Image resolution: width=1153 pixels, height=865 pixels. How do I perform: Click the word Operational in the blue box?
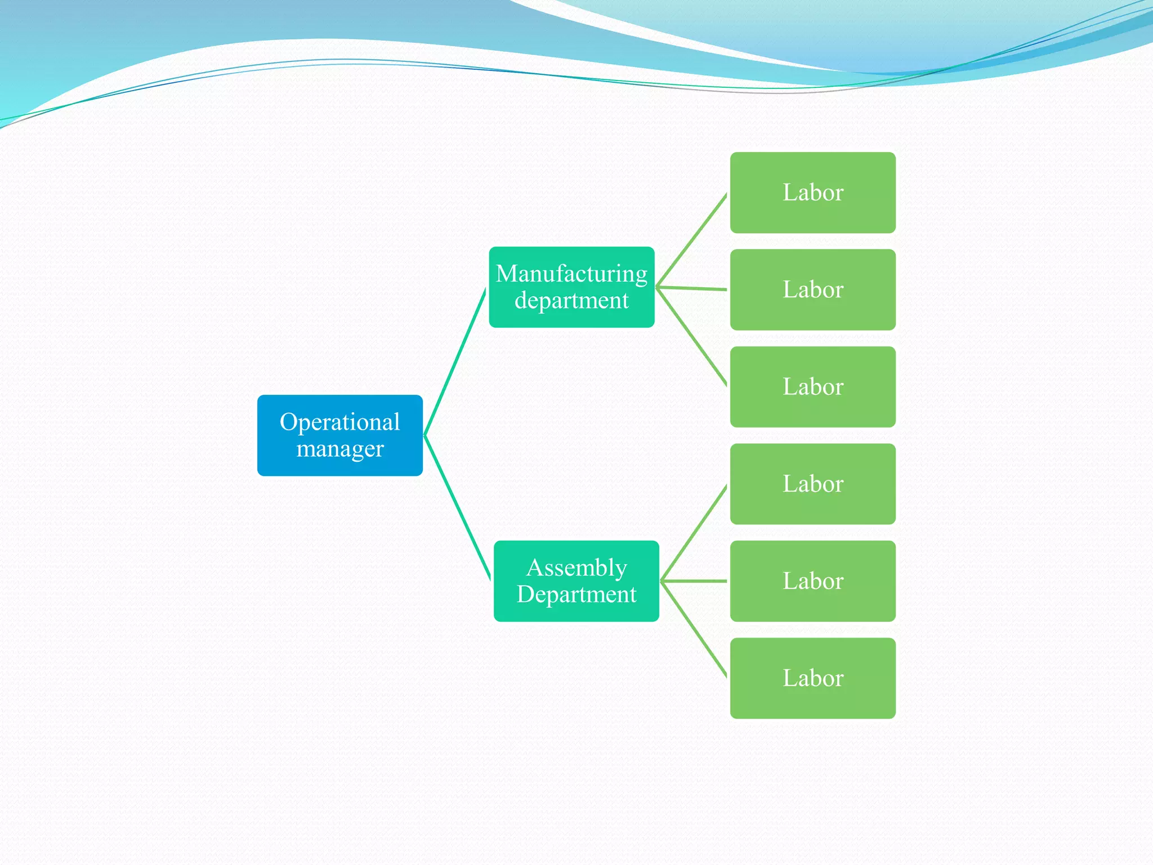pyautogui.click(x=339, y=422)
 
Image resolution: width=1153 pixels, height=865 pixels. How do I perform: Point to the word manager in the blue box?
pyautogui.click(x=339, y=449)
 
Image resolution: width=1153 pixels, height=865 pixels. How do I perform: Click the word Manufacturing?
pyautogui.click(x=571, y=274)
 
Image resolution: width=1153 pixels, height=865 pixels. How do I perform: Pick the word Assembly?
pyautogui.click(x=576, y=568)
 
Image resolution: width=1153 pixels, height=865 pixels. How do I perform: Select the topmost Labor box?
pyautogui.click(x=812, y=193)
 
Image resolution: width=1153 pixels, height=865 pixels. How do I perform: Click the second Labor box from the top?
pyautogui.click(x=812, y=289)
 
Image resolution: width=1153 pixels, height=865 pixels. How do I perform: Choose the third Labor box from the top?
pyautogui.click(x=812, y=387)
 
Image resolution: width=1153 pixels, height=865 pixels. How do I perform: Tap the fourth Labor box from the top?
pyautogui.click(x=812, y=484)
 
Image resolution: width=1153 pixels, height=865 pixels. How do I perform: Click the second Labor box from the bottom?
pyautogui.click(x=812, y=581)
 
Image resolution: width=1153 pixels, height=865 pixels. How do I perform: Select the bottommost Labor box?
pyautogui.click(x=812, y=678)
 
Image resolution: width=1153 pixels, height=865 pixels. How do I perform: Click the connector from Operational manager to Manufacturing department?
pyautogui.click(x=455, y=362)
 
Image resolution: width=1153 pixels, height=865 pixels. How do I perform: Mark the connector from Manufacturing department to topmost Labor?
pyautogui.click(x=692, y=240)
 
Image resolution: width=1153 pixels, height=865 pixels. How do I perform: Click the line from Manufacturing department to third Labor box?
pyautogui.click(x=692, y=337)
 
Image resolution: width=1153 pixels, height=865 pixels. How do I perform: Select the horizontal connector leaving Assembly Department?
pyautogui.click(x=694, y=581)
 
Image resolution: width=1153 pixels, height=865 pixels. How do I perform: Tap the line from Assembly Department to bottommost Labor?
pyautogui.click(x=694, y=629)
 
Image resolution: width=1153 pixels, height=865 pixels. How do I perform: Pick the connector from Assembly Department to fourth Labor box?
pyautogui.click(x=694, y=533)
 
